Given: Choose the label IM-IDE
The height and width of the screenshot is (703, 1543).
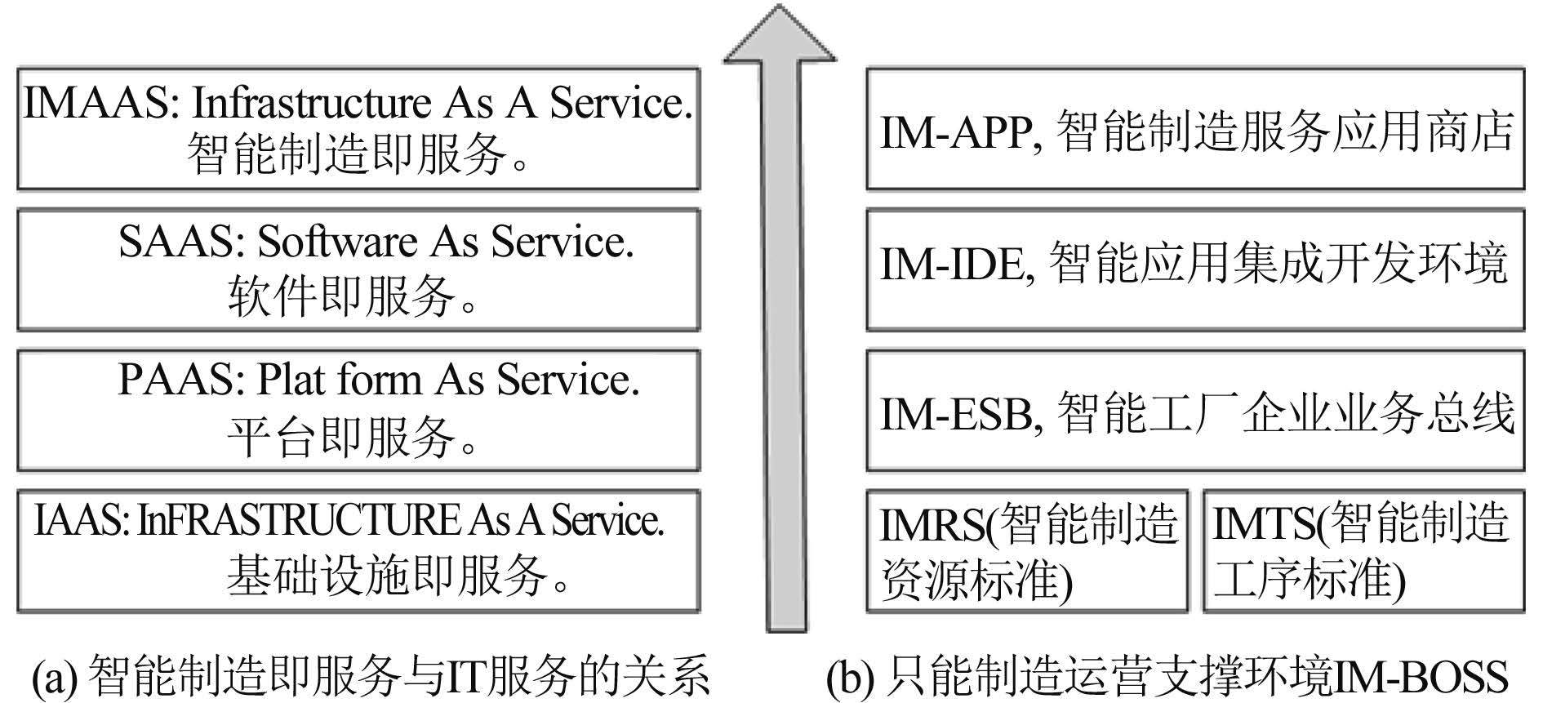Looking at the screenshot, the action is point(952,265).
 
